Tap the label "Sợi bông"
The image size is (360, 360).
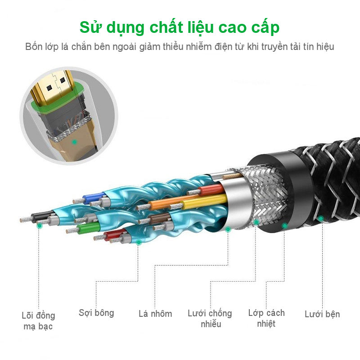pyautogui.click(x=96, y=312)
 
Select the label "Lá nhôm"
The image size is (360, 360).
pyautogui.click(x=155, y=314)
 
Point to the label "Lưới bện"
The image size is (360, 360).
pyautogui.click(x=322, y=314)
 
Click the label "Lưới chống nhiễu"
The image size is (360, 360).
pyautogui.click(x=210, y=318)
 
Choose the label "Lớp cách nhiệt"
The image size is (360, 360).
pyautogui.click(x=266, y=318)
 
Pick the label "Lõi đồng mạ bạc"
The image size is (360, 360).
pyautogui.click(x=38, y=320)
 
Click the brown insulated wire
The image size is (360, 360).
pyautogui.click(x=159, y=218)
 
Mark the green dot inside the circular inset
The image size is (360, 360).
pyautogui.click(x=75, y=142)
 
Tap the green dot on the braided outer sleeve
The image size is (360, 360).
pyautogui.click(x=320, y=219)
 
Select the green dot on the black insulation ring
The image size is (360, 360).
pyautogui.click(x=284, y=225)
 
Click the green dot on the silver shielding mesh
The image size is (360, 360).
pyautogui.click(x=256, y=222)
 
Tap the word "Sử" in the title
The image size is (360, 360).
pyautogui.click(x=90, y=27)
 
